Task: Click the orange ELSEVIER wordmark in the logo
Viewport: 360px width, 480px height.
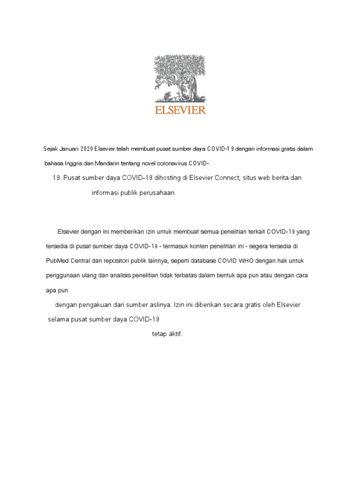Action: (x=180, y=111)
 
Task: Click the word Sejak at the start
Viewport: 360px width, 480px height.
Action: (x=49, y=149)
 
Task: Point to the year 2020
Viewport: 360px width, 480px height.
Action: (x=86, y=149)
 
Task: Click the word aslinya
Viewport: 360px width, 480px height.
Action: (x=159, y=305)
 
